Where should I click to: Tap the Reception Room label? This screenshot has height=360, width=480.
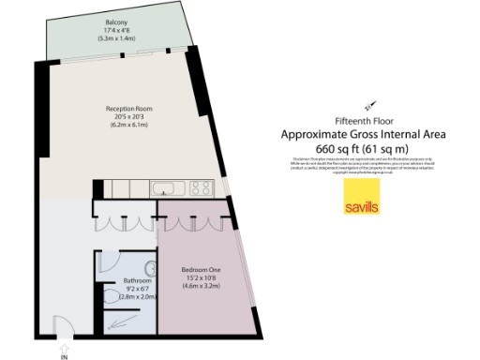(x=128, y=109)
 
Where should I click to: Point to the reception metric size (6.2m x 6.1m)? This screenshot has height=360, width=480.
(x=128, y=125)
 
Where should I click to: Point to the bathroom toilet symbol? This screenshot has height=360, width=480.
(x=112, y=297)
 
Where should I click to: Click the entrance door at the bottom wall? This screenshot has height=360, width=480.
(x=64, y=331)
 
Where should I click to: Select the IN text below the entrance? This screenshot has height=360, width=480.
(x=64, y=355)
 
